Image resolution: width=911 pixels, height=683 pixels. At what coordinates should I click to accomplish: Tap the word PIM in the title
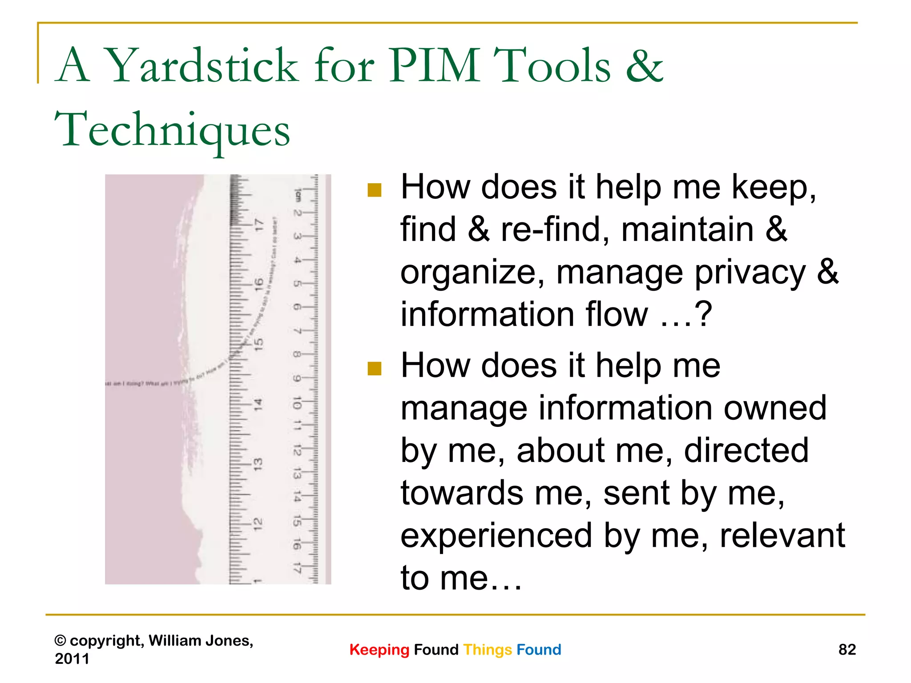(435, 67)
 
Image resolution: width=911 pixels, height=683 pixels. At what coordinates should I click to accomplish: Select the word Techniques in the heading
(173, 130)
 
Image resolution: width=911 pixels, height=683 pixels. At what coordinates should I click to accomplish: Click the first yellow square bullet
(375, 190)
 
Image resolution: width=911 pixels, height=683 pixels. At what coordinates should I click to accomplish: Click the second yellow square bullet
(375, 369)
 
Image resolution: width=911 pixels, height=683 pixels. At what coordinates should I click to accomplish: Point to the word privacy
(750, 273)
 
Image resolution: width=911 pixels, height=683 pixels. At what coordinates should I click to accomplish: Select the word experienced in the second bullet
(496, 536)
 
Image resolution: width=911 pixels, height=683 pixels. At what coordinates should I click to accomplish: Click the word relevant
(782, 536)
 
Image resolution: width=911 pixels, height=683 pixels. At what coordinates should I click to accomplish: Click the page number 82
(847, 650)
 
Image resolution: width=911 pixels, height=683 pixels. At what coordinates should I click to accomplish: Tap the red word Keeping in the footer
(379, 650)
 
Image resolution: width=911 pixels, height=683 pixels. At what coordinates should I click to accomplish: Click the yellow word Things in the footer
(488, 650)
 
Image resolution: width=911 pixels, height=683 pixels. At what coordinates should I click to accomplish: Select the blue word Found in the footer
(539, 650)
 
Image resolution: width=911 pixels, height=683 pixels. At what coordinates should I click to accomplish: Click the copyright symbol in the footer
(60, 641)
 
